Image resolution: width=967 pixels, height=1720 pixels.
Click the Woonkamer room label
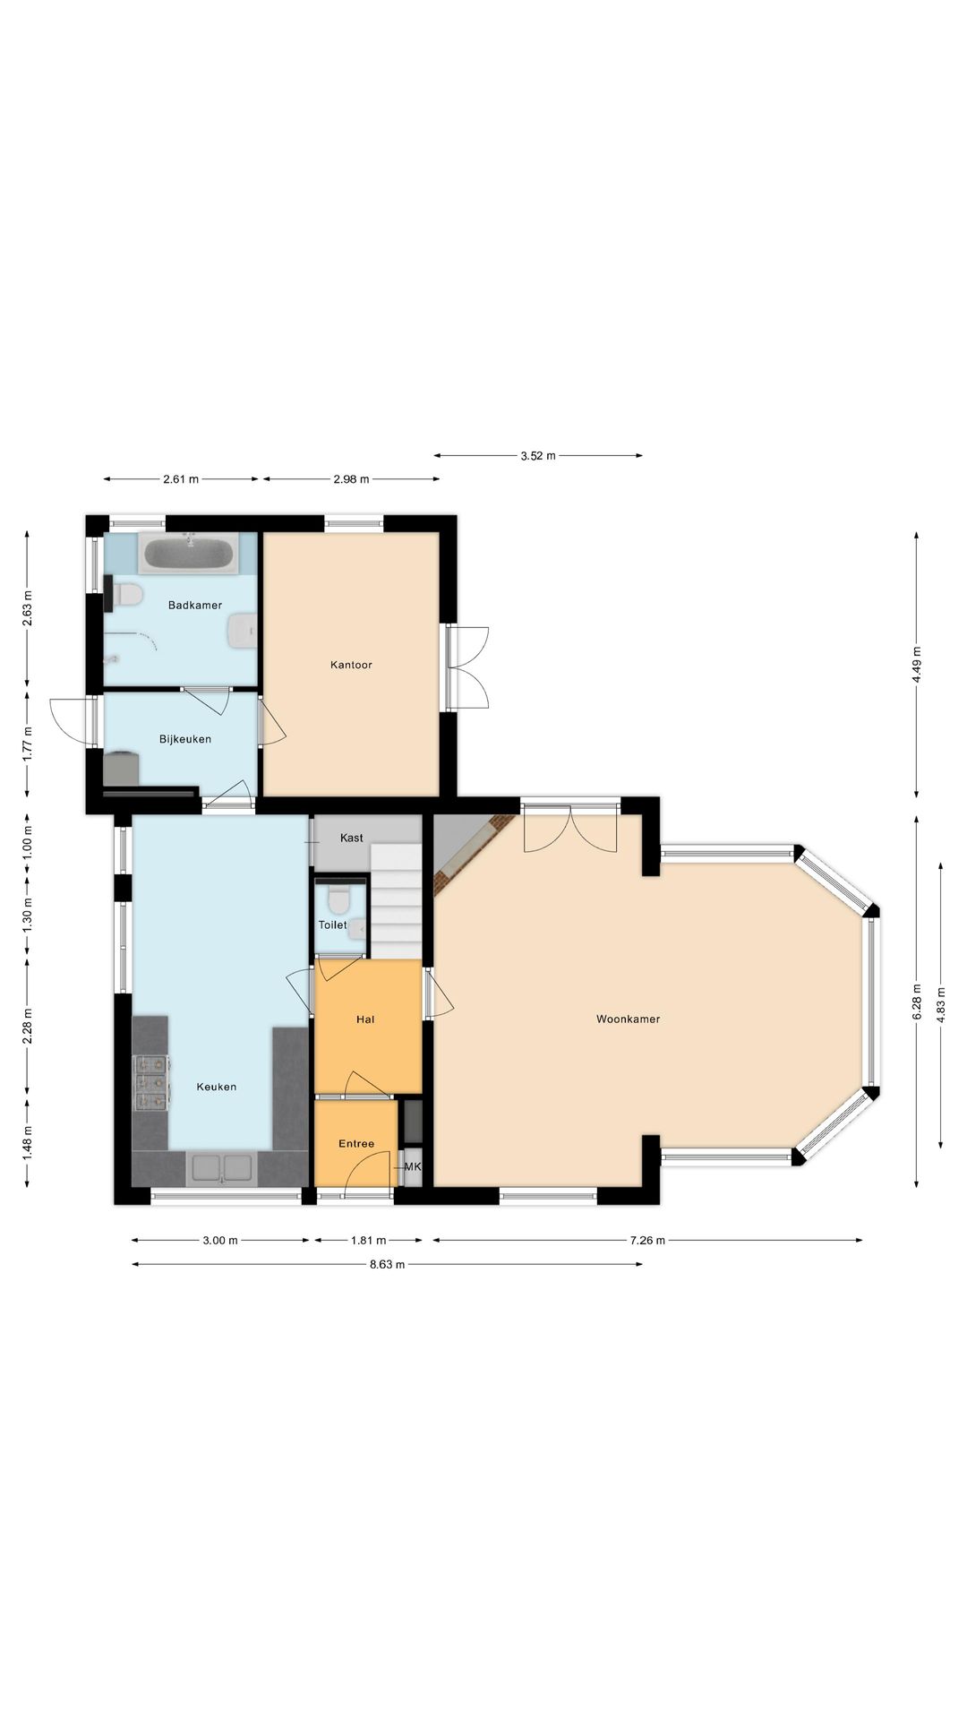click(628, 1019)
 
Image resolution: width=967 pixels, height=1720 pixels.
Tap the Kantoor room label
click(351, 665)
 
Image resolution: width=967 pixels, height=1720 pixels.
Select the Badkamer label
click(195, 605)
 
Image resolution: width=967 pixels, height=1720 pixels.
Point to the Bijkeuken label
click(185, 739)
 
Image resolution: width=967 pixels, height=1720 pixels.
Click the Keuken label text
click(217, 1087)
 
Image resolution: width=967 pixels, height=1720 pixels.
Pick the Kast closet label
click(352, 838)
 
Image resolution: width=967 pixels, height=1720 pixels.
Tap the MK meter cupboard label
click(413, 1167)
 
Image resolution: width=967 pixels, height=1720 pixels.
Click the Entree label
click(356, 1144)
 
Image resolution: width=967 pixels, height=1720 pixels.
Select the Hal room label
click(365, 1019)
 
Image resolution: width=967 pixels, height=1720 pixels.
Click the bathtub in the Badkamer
click(189, 554)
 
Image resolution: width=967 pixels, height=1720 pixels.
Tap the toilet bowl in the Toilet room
click(338, 897)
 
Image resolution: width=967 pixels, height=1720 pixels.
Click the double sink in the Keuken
click(222, 1168)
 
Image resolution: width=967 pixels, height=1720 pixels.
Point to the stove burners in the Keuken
click(151, 1083)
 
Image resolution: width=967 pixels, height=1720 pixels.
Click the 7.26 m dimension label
click(647, 1241)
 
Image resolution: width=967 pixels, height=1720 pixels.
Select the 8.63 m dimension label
click(387, 1265)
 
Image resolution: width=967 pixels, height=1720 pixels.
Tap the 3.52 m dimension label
click(538, 456)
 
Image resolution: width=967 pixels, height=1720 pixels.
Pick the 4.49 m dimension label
click(916, 665)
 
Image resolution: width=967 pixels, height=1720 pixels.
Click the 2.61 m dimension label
click(181, 479)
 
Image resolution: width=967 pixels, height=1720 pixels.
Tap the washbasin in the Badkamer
click(243, 631)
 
